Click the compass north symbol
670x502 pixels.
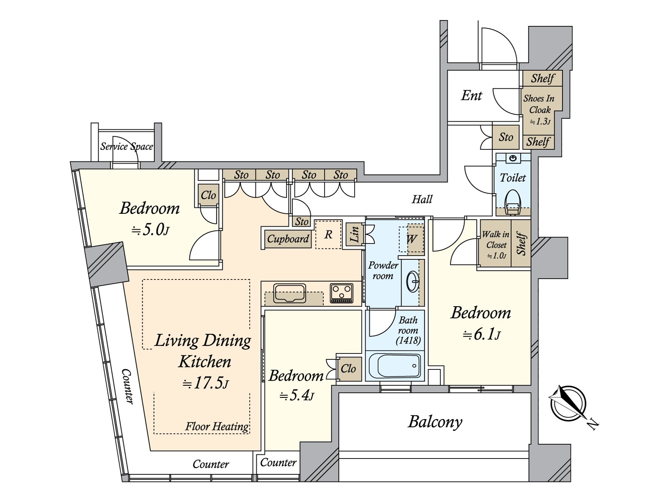click(568, 403)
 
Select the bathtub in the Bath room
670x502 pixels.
click(394, 365)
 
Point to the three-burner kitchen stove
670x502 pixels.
click(342, 292)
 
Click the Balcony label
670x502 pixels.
click(435, 422)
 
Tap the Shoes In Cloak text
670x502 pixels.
click(539, 104)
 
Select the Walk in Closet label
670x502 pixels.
click(495, 244)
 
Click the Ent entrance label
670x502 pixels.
click(472, 95)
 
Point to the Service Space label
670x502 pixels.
click(126, 146)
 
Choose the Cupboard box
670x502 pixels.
click(288, 239)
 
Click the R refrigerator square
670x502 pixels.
click(328, 235)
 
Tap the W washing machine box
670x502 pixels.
click(411, 239)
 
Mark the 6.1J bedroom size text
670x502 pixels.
click(482, 334)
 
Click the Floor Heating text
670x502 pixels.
click(217, 426)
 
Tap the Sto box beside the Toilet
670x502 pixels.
click(506, 137)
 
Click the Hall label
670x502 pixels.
click(422, 199)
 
